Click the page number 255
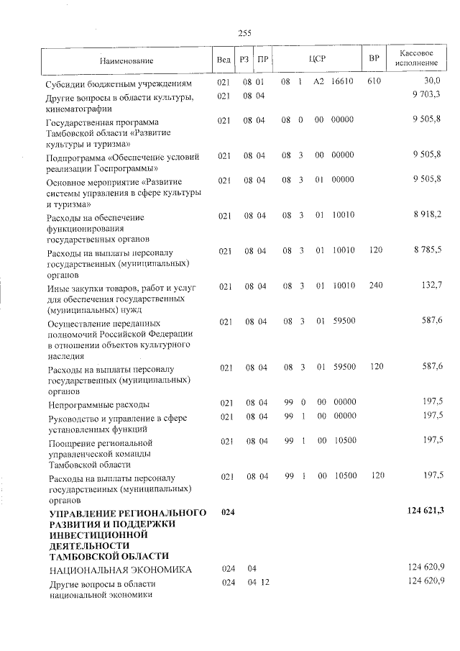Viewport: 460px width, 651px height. pyautogui.click(x=242, y=32)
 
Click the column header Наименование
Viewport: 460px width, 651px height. pyautogui.click(x=126, y=61)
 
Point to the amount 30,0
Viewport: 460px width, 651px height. pyautogui.click(x=432, y=82)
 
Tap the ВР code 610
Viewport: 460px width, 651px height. pyautogui.click(x=373, y=83)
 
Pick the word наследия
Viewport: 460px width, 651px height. pyautogui.click(x=65, y=356)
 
